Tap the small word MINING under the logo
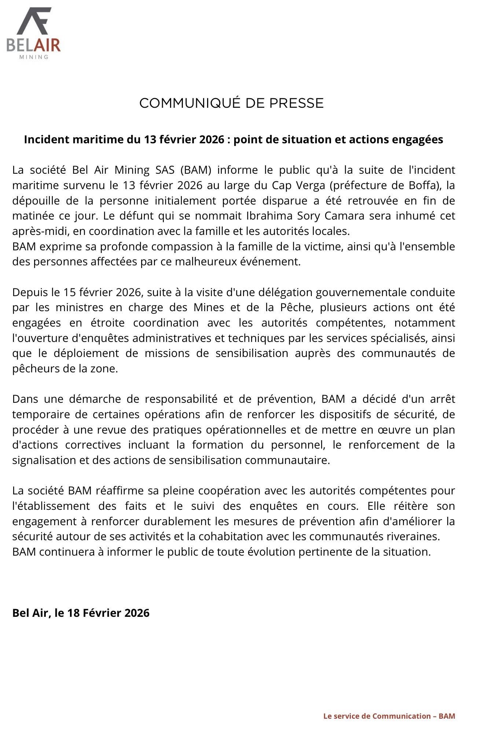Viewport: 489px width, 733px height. coord(33,57)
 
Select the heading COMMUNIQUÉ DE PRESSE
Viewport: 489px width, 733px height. coord(231,103)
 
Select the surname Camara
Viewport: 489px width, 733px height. coord(346,216)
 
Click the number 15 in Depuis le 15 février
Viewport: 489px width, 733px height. coord(69,292)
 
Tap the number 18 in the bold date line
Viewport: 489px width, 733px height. coord(74,613)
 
